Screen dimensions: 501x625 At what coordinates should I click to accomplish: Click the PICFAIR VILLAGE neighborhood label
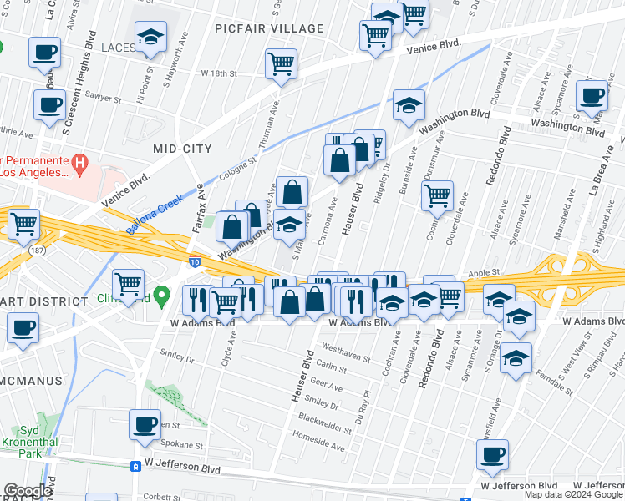[268, 28]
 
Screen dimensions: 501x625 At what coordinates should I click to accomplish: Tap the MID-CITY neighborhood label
[182, 148]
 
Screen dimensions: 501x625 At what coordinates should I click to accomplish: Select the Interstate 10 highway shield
[194, 261]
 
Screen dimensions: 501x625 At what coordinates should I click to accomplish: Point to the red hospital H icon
[80, 164]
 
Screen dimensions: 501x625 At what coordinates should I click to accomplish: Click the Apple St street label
[483, 272]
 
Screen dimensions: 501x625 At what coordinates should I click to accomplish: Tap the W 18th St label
[219, 73]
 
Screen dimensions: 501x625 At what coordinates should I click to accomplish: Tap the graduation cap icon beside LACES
[151, 37]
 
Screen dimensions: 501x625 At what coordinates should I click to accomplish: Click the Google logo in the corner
[27, 491]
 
